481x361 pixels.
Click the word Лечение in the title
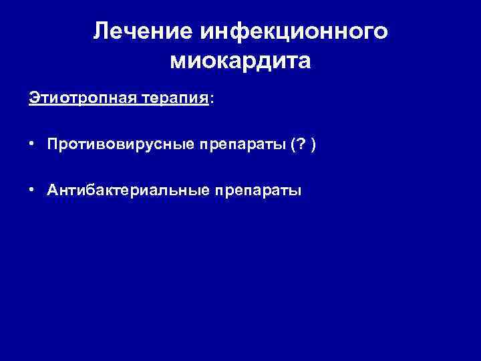point(136,31)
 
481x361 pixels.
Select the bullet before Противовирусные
point(32,143)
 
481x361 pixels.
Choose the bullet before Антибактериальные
point(32,189)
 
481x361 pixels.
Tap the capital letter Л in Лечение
point(102,31)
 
